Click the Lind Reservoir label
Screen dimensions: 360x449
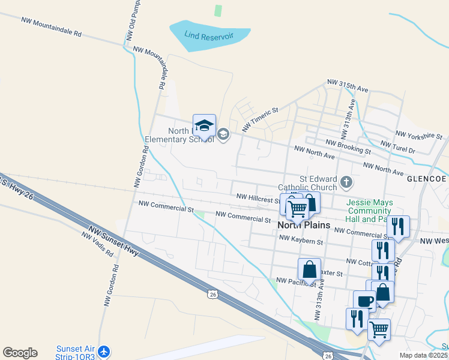click(209, 37)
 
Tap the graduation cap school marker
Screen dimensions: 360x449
click(204, 125)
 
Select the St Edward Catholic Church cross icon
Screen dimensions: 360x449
click(346, 181)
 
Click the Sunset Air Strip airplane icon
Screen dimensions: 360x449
click(104, 351)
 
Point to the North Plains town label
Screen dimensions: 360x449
click(304, 225)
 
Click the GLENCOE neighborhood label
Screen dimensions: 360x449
click(426, 179)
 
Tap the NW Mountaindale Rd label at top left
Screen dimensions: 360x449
click(51, 27)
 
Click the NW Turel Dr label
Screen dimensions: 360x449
click(398, 148)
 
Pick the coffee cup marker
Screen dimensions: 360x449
click(364, 300)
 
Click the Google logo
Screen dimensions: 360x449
click(20, 353)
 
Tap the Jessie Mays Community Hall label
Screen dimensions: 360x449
click(369, 211)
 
